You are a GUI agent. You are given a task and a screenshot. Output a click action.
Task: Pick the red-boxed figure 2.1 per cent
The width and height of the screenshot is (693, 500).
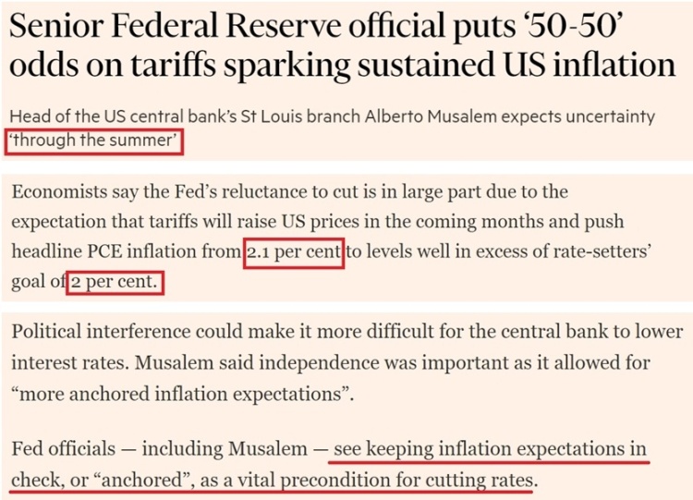click(294, 252)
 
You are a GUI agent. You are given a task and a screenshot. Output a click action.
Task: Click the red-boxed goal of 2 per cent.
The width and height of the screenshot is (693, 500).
click(116, 282)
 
